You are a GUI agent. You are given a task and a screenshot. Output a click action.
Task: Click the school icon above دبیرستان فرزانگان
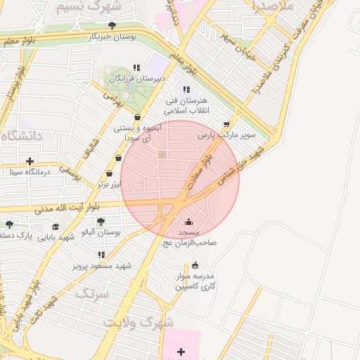tap(136, 67)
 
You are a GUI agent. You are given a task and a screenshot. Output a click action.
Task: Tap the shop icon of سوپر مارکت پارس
tap(226, 124)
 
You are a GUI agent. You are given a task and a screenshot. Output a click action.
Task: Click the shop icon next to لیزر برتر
tap(109, 173)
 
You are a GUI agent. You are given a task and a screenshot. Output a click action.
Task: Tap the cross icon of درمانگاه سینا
tap(30, 161)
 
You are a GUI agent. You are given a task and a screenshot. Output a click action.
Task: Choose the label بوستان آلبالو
tap(101, 231)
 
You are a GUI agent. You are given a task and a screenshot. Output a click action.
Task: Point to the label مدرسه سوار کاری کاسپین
tap(195, 282)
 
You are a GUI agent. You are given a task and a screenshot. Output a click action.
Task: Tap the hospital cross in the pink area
tap(181, 351)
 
